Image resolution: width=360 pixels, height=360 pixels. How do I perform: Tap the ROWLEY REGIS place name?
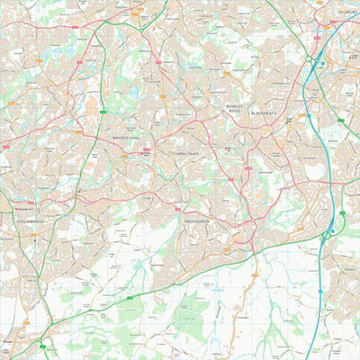(x=235, y=108)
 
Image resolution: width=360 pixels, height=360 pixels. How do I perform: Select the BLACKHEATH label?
(x=265, y=112)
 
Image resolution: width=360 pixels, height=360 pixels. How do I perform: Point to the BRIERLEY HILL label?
(x=127, y=139)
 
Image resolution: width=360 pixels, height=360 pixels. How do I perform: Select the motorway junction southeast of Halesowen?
(x=324, y=237)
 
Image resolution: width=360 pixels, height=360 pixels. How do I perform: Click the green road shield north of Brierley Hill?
(x=103, y=112)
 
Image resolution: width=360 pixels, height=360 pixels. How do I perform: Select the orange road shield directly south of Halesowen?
(x=227, y=250)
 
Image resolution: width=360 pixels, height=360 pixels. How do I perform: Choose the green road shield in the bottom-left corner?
(x=40, y=341)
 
